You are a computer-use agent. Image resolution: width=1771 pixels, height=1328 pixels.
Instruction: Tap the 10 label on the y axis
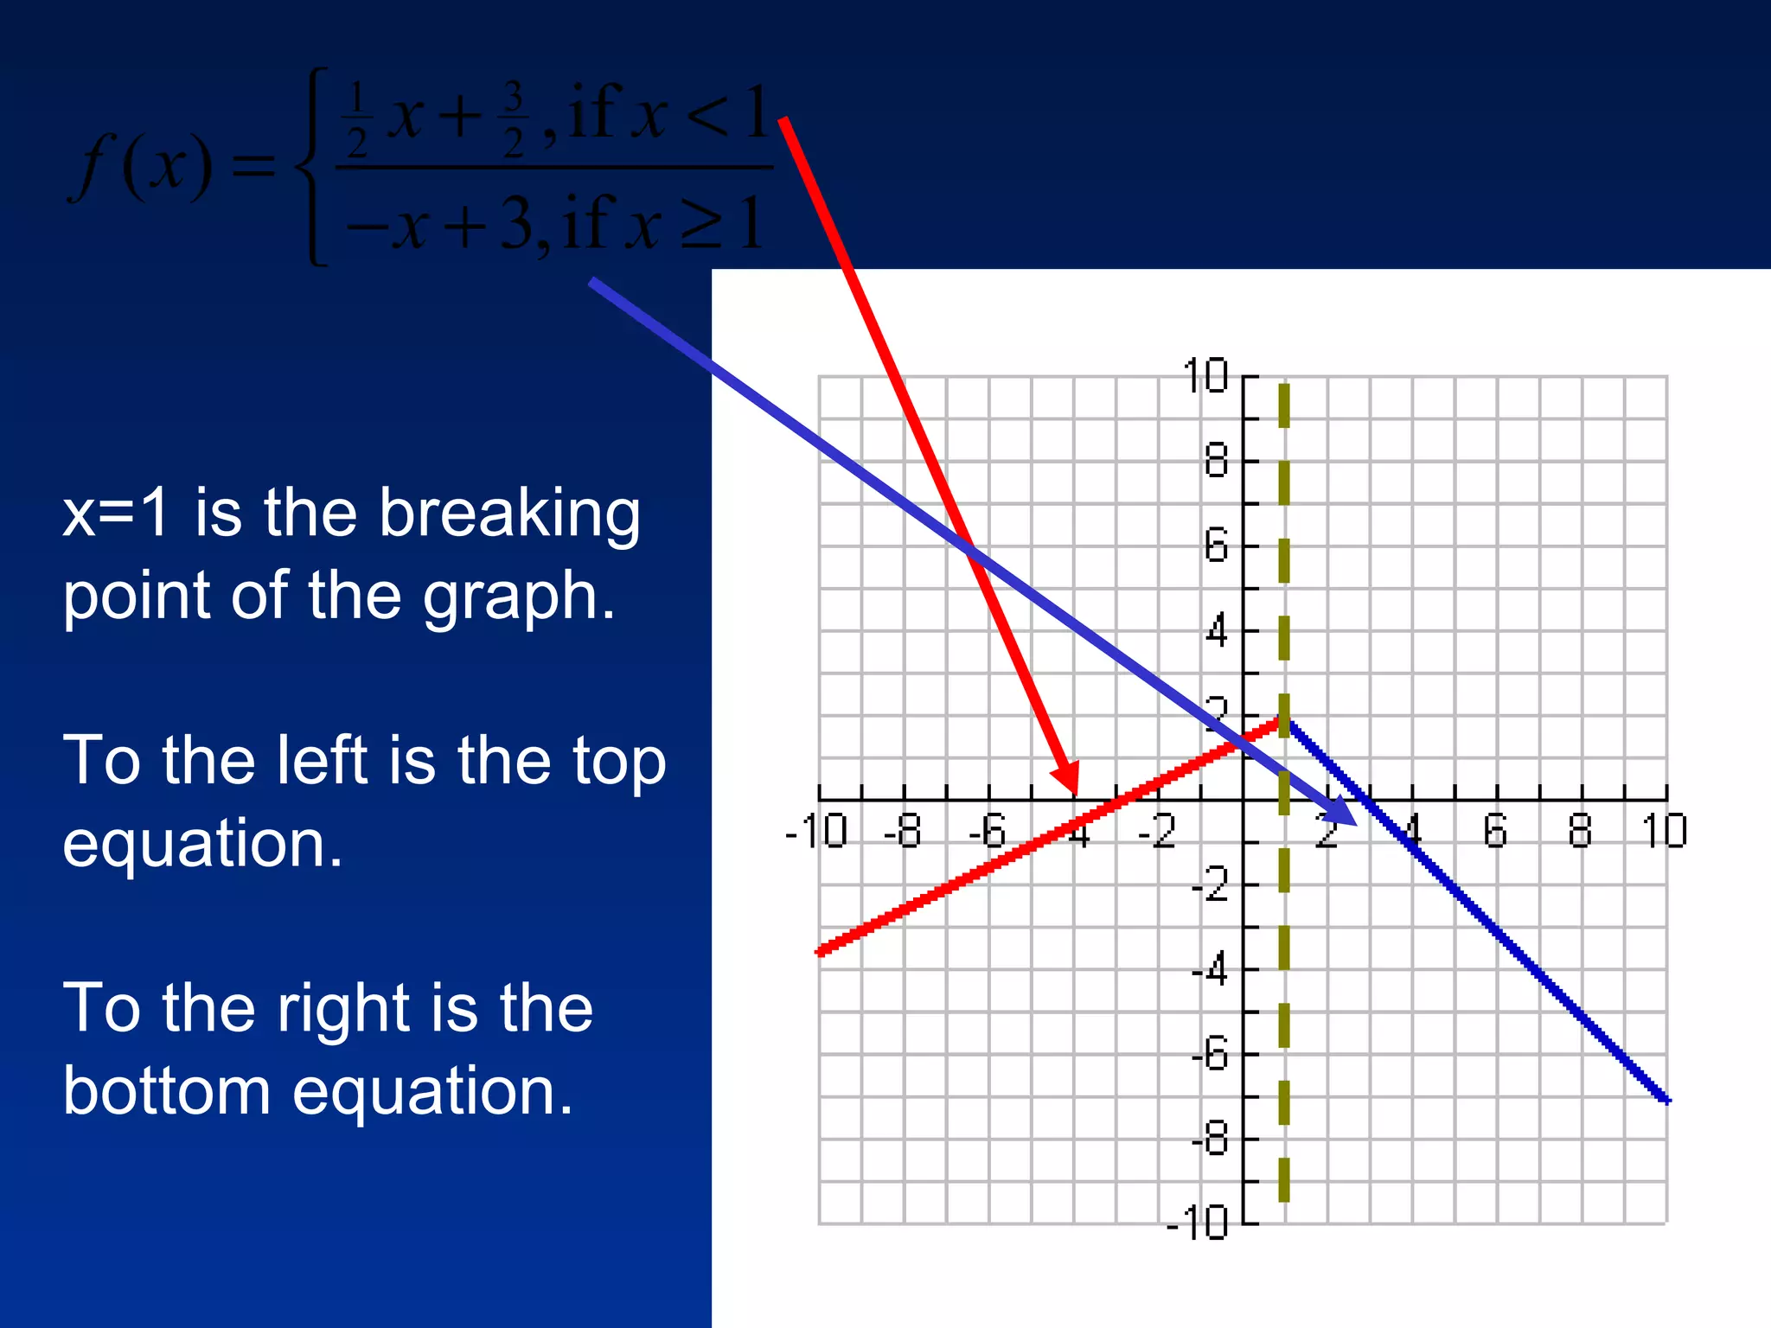[1205, 376]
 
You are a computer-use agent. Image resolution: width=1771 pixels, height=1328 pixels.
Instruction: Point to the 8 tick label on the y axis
[1216, 461]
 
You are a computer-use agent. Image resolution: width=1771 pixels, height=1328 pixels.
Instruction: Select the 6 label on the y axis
[1216, 546]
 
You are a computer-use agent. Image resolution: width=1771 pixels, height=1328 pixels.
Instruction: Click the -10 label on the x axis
[815, 832]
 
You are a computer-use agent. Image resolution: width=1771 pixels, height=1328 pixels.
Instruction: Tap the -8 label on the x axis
[902, 832]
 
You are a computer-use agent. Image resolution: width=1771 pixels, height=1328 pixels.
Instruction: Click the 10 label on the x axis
[1664, 832]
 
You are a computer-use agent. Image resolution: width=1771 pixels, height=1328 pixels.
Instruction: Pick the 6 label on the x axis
[1495, 832]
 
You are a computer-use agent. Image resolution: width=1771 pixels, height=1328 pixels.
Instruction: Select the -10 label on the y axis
[1198, 1223]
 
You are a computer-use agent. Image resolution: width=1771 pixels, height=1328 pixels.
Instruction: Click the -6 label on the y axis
[1210, 1055]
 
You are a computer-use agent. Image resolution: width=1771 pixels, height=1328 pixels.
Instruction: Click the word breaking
[509, 514]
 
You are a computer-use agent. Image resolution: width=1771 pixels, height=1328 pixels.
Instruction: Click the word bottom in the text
[167, 1091]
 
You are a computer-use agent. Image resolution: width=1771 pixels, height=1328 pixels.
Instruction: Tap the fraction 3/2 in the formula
[514, 119]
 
